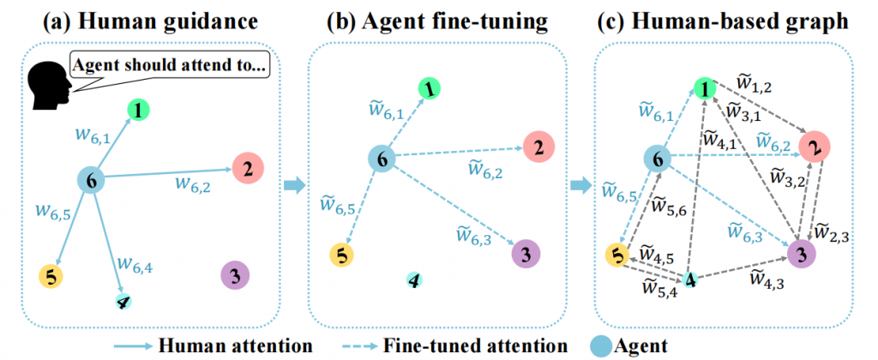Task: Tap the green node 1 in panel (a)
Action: tap(139, 109)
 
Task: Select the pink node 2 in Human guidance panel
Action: tap(247, 168)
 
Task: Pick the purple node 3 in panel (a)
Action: tap(233, 275)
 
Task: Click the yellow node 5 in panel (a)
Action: tap(51, 275)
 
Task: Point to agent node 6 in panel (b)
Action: tap(383, 158)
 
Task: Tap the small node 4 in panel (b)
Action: tap(414, 280)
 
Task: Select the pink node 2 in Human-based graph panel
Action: tap(812, 147)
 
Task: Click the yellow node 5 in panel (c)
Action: tap(615, 255)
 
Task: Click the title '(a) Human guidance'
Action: tap(146, 17)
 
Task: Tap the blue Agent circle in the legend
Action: tap(603, 345)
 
